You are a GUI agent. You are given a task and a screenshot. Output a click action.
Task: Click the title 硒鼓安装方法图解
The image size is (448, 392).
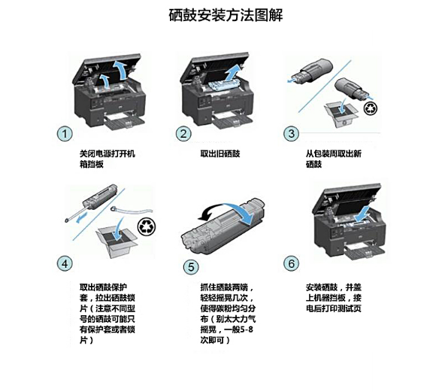pyautogui.click(x=226, y=15)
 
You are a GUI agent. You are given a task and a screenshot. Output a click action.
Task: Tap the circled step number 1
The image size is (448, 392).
pyautogui.click(x=65, y=134)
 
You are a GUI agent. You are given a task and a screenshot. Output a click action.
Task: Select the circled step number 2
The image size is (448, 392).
pyautogui.click(x=183, y=134)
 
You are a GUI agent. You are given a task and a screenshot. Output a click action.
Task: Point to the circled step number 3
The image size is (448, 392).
pyautogui.click(x=291, y=133)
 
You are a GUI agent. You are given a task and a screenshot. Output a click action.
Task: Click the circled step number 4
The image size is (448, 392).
pyautogui.click(x=65, y=263)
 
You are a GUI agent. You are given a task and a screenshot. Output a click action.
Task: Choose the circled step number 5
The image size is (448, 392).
pyautogui.click(x=191, y=267)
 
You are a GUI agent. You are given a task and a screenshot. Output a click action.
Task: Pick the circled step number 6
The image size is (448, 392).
pyautogui.click(x=291, y=263)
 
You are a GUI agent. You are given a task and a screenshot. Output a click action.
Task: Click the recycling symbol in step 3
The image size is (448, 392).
pyautogui.click(x=371, y=108)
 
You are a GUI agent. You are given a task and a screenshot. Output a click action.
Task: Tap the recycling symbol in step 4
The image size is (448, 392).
pyautogui.click(x=147, y=226)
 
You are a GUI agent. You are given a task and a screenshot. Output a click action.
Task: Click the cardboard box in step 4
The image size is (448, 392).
pyautogui.click(x=117, y=242)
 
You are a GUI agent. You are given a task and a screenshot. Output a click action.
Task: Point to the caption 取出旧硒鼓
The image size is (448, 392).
pyautogui.click(x=220, y=153)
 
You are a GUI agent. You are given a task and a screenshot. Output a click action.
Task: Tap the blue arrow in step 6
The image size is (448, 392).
pyautogui.click(x=362, y=214)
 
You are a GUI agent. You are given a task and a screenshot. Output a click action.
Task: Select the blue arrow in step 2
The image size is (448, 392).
pyautogui.click(x=233, y=73)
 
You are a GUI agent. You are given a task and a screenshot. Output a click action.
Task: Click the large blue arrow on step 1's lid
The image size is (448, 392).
pyautogui.click(x=120, y=69)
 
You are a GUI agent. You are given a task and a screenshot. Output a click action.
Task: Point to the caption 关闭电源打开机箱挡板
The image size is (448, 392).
pyautogui.click(x=107, y=159)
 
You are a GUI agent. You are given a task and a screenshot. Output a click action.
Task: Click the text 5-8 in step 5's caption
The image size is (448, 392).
pyautogui.click(x=247, y=330)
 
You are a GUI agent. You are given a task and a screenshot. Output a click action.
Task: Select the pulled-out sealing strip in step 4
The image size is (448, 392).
pyautogui.click(x=132, y=211)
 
